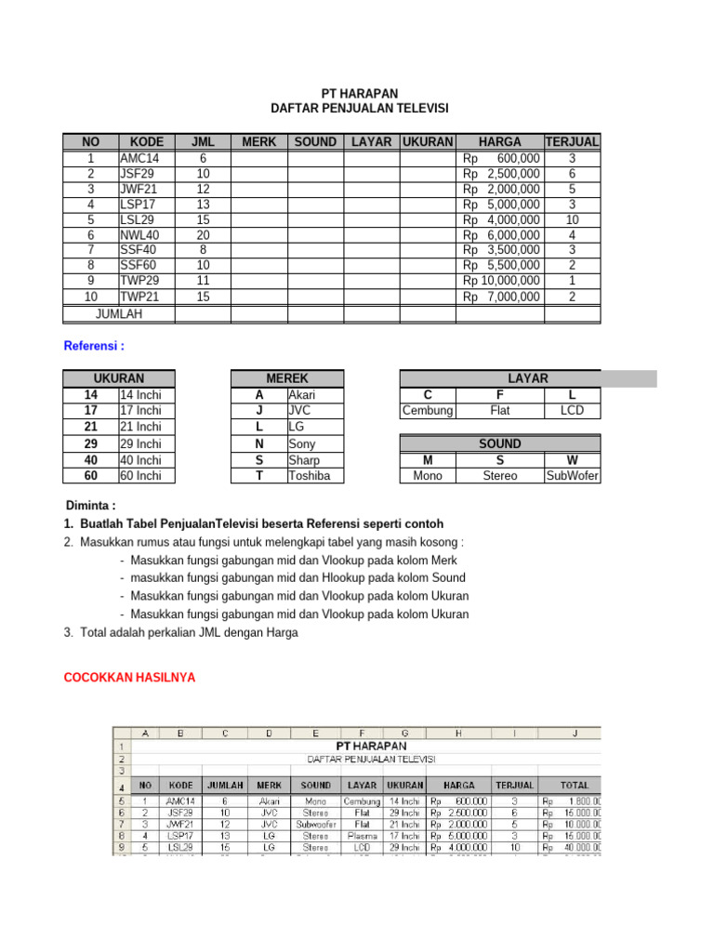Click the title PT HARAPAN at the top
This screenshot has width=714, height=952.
[x=359, y=93]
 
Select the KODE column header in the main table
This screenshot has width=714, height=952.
[x=147, y=141]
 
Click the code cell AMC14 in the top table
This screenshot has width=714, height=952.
[x=139, y=158]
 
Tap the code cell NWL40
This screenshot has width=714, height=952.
[x=139, y=234]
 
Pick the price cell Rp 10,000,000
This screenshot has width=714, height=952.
[x=500, y=280]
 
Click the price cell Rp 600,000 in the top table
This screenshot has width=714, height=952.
[x=500, y=158]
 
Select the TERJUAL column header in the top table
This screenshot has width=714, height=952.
[x=572, y=141]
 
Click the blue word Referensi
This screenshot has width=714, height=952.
[x=93, y=347]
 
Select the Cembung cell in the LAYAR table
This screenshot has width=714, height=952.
[x=428, y=411]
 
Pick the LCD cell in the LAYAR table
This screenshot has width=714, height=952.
[x=572, y=411]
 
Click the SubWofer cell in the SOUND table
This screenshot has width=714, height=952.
[x=572, y=476]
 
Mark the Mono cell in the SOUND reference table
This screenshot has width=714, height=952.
[x=428, y=476]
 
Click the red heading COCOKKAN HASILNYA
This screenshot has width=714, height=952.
[x=129, y=678]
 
